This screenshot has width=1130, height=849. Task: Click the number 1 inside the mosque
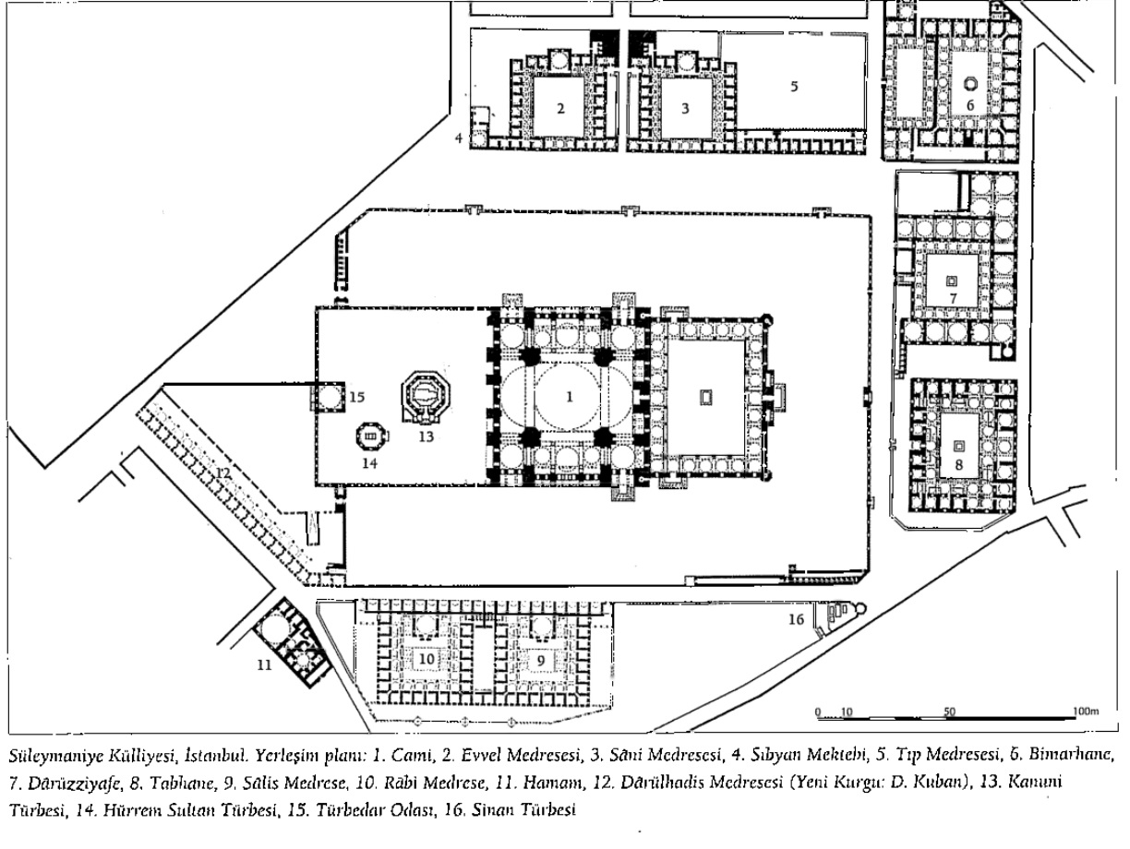click(x=570, y=397)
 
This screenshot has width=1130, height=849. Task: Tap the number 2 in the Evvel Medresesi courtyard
click(x=559, y=108)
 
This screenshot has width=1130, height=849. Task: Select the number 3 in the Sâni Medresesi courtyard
click(x=684, y=108)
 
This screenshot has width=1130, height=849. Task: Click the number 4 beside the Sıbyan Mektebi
click(x=458, y=138)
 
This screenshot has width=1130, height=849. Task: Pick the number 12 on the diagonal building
click(x=222, y=472)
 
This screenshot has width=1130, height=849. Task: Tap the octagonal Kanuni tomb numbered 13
click(x=424, y=399)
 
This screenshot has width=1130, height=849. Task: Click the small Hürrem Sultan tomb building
click(x=369, y=434)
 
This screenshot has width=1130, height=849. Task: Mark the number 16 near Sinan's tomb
click(x=796, y=619)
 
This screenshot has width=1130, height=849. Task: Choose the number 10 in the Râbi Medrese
click(x=426, y=660)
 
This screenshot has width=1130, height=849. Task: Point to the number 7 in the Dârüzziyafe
click(x=952, y=297)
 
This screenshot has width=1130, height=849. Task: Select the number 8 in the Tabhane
click(x=958, y=464)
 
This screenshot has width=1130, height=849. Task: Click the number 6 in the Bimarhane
click(x=969, y=104)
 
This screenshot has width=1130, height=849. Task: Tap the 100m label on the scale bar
click(x=1086, y=712)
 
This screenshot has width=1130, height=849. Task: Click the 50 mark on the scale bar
click(x=949, y=712)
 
